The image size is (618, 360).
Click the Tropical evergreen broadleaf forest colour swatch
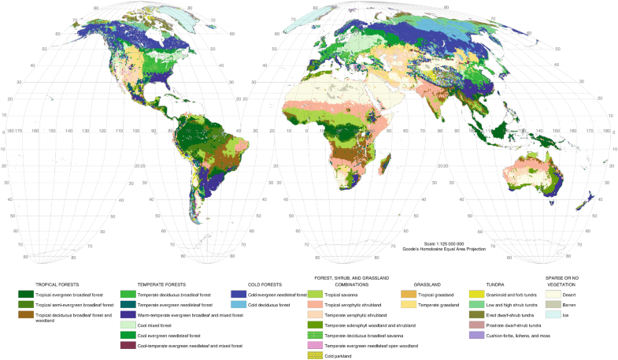(28, 294)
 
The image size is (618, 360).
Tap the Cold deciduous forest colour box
(237, 304)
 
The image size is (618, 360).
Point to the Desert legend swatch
(553, 294)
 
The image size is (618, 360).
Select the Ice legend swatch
(553, 314)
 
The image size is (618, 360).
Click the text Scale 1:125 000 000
(446, 243)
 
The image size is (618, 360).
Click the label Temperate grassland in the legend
(460, 304)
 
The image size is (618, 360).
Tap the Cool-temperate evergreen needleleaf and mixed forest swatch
(128, 345)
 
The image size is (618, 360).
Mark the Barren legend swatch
(553, 304)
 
